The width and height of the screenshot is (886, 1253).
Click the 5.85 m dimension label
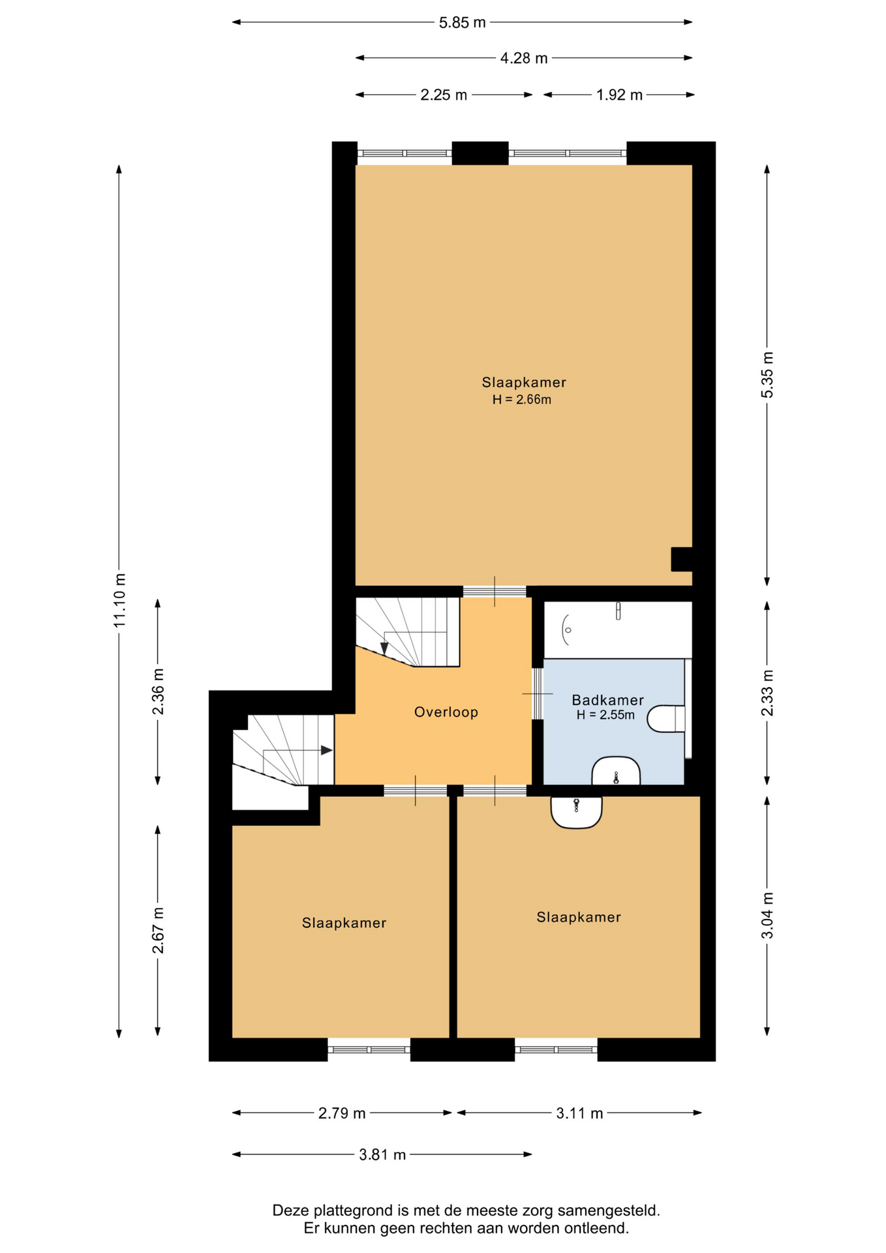(462, 23)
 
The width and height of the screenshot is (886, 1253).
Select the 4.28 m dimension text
(524, 59)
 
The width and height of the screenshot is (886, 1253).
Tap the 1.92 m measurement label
(619, 95)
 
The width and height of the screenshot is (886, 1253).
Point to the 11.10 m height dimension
(119, 600)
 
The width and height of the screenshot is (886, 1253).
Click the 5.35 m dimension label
(767, 375)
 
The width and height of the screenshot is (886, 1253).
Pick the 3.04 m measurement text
(767, 916)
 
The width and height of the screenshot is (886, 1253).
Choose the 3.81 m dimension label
(382, 1155)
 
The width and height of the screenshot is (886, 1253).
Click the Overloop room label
(446, 712)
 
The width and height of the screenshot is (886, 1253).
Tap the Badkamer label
(607, 700)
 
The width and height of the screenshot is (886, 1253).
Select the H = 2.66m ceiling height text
(522, 400)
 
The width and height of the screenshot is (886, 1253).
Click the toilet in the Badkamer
(666, 719)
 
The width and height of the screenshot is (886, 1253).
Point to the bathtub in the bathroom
(618, 630)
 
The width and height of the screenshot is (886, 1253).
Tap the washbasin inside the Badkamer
(616, 771)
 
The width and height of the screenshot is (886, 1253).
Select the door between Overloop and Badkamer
(537, 693)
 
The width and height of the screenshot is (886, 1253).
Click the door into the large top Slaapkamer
(495, 591)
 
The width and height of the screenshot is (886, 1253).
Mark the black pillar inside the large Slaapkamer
(682, 559)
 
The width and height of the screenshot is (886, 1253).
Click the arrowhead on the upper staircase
(384, 649)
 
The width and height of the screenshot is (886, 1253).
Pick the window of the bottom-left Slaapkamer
(369, 1050)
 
